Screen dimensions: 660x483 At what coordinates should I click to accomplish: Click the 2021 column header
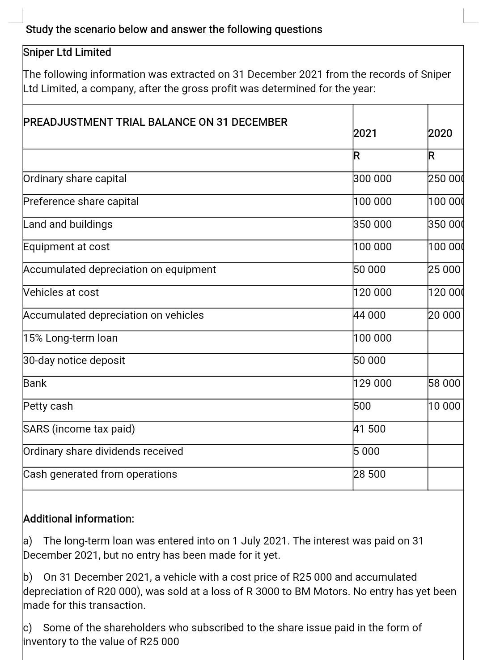(365, 133)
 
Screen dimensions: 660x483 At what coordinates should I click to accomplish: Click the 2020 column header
(440, 133)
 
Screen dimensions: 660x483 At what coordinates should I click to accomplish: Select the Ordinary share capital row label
(75, 179)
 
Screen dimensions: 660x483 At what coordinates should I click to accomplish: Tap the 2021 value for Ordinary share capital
(372, 179)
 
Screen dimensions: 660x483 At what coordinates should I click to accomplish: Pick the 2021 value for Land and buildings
(372, 224)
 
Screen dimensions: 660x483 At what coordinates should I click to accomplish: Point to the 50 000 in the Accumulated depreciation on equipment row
(369, 270)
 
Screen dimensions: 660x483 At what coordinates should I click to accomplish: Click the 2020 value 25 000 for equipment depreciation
(444, 270)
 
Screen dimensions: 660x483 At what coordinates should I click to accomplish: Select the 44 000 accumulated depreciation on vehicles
(369, 315)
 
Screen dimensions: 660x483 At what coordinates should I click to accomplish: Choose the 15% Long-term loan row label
(71, 338)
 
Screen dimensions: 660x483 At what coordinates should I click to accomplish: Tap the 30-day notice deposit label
(74, 360)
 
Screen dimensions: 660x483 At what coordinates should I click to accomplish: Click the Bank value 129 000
(372, 383)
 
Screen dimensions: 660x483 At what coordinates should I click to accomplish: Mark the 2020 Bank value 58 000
(444, 383)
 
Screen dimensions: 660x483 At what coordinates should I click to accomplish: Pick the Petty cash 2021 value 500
(362, 406)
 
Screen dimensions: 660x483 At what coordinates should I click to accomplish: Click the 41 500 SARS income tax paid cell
(369, 429)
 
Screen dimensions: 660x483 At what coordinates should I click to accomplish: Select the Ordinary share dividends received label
(103, 451)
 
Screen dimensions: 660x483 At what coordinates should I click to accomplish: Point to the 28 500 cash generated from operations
(369, 474)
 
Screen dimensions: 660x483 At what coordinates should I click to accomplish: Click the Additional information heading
(79, 519)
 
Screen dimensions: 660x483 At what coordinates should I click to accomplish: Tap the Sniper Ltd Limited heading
(67, 52)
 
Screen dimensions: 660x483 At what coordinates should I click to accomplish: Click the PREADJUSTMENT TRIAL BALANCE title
(155, 122)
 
